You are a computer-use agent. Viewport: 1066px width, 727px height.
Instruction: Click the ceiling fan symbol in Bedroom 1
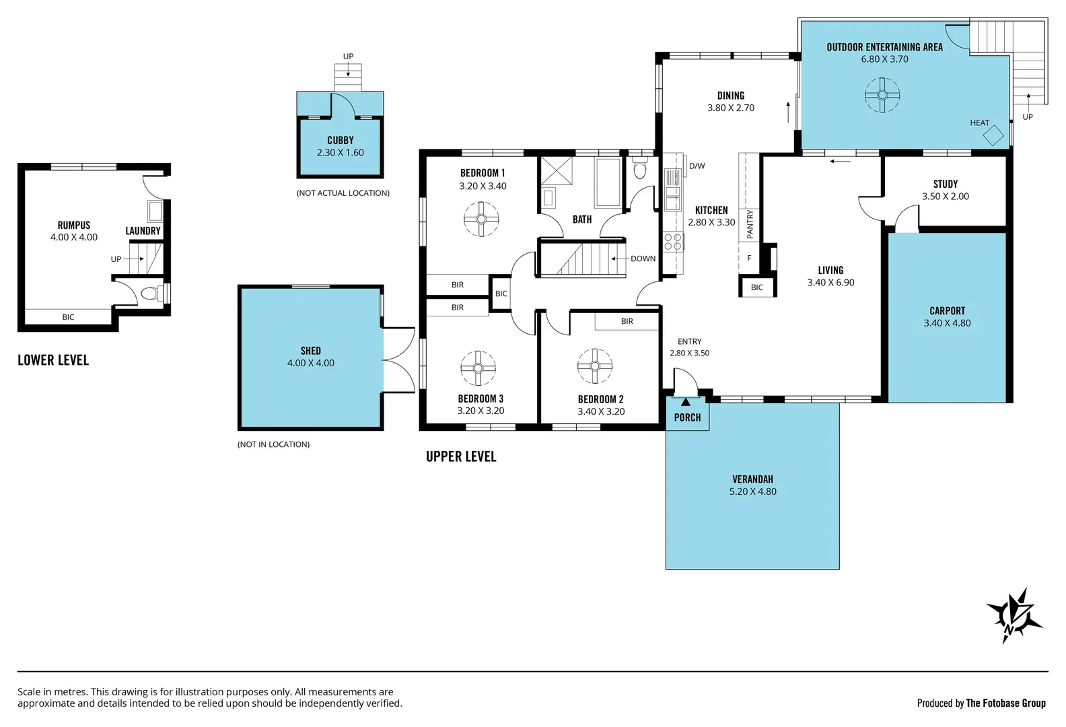coord(481,219)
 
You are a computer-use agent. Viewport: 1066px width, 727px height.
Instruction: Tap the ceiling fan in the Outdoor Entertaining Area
coord(882,95)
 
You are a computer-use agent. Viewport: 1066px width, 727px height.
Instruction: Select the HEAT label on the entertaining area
coord(979,123)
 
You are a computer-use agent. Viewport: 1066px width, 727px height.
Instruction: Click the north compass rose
coord(1014,615)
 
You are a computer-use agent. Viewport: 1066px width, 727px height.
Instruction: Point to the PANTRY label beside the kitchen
coord(750,224)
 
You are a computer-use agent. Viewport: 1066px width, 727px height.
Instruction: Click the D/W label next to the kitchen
coord(697,166)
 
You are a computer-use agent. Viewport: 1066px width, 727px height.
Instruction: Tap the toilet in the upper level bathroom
coord(639,168)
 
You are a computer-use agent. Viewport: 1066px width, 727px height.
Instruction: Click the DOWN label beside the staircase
coord(643,258)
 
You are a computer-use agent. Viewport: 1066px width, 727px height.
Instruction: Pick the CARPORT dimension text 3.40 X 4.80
coord(947,323)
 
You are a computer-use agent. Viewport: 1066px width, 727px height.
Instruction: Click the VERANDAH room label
coord(752,479)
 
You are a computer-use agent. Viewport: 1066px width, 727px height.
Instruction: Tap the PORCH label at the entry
coord(687,417)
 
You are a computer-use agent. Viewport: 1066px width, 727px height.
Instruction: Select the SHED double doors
coord(399,359)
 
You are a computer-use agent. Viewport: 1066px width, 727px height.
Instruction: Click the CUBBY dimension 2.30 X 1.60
coord(340,153)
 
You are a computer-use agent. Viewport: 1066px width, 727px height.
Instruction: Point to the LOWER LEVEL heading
coord(53,360)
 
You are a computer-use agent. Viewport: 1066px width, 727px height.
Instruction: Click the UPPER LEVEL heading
coord(461,456)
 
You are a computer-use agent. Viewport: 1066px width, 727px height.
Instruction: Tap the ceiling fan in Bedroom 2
coord(594,366)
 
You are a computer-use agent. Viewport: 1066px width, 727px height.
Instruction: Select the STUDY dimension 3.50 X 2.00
coord(946,197)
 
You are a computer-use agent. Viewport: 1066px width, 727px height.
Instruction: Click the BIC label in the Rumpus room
coord(68,317)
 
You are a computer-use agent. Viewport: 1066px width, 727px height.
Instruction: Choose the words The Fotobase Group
coord(1005,703)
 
